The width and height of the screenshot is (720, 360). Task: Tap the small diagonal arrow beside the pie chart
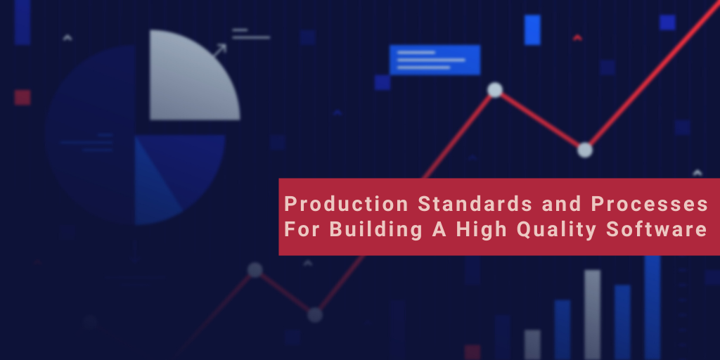coord(220,50)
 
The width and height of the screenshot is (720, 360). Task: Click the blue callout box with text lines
coord(435,60)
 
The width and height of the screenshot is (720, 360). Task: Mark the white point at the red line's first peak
coord(495,90)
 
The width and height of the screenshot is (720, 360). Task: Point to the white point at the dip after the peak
coord(585,150)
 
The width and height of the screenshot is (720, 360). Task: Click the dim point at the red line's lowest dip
coord(315,315)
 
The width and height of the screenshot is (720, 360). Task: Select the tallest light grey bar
coord(593,313)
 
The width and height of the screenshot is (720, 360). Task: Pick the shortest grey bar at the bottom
coord(532,344)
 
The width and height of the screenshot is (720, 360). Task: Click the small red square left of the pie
coord(22,97)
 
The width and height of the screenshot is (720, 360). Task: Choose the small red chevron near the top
coord(577,37)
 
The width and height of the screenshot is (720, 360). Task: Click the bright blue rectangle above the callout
coord(532,30)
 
